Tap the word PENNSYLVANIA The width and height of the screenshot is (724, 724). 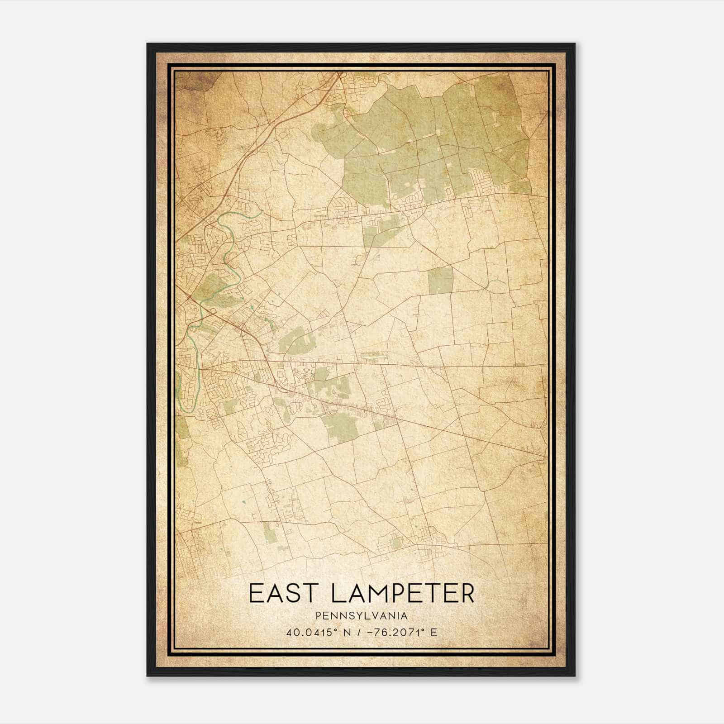362,616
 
